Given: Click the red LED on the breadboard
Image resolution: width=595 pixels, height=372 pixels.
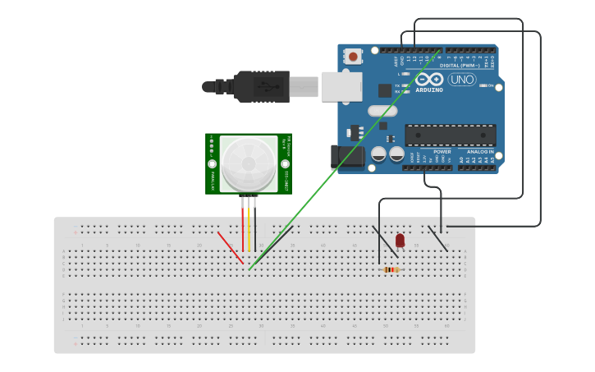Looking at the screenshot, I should click(x=400, y=241).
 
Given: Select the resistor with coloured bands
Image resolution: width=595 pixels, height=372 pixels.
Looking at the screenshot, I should click(x=391, y=269).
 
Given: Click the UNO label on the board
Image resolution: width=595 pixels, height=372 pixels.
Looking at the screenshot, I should click(x=461, y=80).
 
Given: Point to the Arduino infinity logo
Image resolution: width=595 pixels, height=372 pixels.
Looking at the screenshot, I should click(x=428, y=79).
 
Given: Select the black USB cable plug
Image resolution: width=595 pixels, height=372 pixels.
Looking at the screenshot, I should click(x=261, y=86).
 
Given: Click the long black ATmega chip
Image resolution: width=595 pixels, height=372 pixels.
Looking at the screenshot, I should click(x=450, y=135).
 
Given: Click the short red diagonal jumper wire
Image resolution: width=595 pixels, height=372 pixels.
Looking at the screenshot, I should click(x=230, y=248).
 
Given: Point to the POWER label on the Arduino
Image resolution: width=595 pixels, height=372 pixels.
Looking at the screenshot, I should click(x=442, y=152).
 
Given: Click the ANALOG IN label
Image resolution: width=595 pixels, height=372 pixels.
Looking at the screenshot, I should click(x=480, y=152).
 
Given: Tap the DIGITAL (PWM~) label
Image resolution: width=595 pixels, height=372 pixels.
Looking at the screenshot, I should click(x=460, y=65).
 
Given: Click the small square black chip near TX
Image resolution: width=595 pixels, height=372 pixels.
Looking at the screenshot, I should click(x=384, y=90).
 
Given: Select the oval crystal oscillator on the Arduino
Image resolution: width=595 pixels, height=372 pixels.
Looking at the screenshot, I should click(x=382, y=110).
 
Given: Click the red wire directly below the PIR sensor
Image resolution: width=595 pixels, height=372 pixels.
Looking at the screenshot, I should click(x=243, y=226).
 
